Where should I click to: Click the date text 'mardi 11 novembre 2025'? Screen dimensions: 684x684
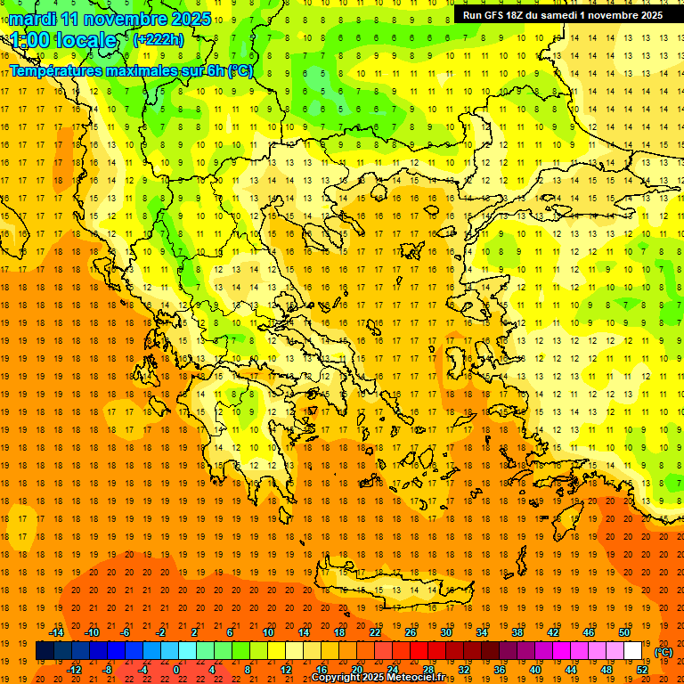[110, 19]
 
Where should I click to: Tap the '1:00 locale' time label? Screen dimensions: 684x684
[63, 40]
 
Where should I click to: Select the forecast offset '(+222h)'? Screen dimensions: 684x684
[158, 39]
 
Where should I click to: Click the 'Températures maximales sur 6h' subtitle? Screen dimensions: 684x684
[130, 70]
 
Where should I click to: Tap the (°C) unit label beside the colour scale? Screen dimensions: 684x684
[663, 652]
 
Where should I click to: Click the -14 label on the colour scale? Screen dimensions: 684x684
[56, 632]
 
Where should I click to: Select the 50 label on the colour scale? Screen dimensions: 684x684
[623, 632]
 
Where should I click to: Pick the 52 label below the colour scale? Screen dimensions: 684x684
[642, 670]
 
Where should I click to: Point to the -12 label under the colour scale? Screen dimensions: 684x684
[74, 670]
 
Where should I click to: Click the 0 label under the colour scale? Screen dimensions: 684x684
[176, 670]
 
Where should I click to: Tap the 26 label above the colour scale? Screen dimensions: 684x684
[411, 632]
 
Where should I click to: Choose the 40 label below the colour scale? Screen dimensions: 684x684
[534, 670]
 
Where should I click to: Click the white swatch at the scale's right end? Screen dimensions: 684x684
[632, 651]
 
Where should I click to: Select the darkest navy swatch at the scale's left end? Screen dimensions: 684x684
[45, 651]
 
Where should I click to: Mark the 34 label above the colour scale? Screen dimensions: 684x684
[482, 632]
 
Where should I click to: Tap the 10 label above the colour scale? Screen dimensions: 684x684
[268, 632]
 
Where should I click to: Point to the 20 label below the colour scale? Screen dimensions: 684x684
[356, 670]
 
